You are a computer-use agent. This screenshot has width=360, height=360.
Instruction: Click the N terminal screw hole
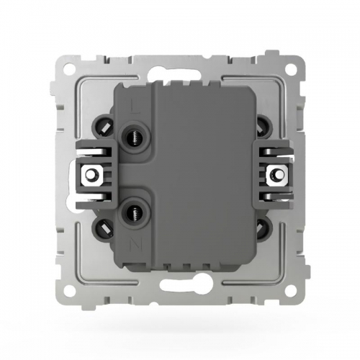pyautogui.click(x=134, y=212)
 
